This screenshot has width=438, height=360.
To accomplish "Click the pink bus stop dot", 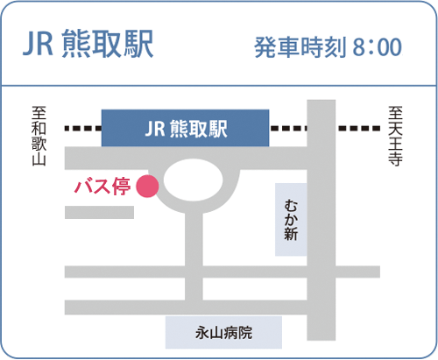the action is (147, 186).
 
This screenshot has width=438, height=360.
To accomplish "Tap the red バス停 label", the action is (102, 187).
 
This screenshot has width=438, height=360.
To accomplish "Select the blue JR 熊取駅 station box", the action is (185, 128).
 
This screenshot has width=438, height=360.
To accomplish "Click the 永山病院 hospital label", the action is (223, 333).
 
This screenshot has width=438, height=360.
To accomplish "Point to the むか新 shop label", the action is (291, 220).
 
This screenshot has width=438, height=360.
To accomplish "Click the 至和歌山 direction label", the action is (39, 136).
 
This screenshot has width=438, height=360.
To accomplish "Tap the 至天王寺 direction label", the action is (395, 136).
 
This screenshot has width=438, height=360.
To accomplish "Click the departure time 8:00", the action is (378, 46).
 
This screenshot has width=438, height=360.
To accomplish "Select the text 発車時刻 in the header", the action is (300, 47).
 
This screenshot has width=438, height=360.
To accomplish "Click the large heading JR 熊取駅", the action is (88, 44).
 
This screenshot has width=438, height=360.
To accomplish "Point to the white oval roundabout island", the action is (193, 180).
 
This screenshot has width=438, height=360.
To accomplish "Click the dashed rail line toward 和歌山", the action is (83, 128).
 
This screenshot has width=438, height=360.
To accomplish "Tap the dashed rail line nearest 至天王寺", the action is (359, 128).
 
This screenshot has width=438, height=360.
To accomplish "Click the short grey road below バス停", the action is (99, 212).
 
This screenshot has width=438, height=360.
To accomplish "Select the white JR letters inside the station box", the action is (155, 129).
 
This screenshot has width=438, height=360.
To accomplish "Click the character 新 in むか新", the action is (291, 234).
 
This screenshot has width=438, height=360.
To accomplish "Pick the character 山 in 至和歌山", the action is (39, 159).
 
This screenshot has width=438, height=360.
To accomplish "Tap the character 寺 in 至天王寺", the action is (395, 159).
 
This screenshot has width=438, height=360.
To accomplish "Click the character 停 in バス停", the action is (122, 187).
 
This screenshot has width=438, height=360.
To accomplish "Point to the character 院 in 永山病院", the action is (245, 333).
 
